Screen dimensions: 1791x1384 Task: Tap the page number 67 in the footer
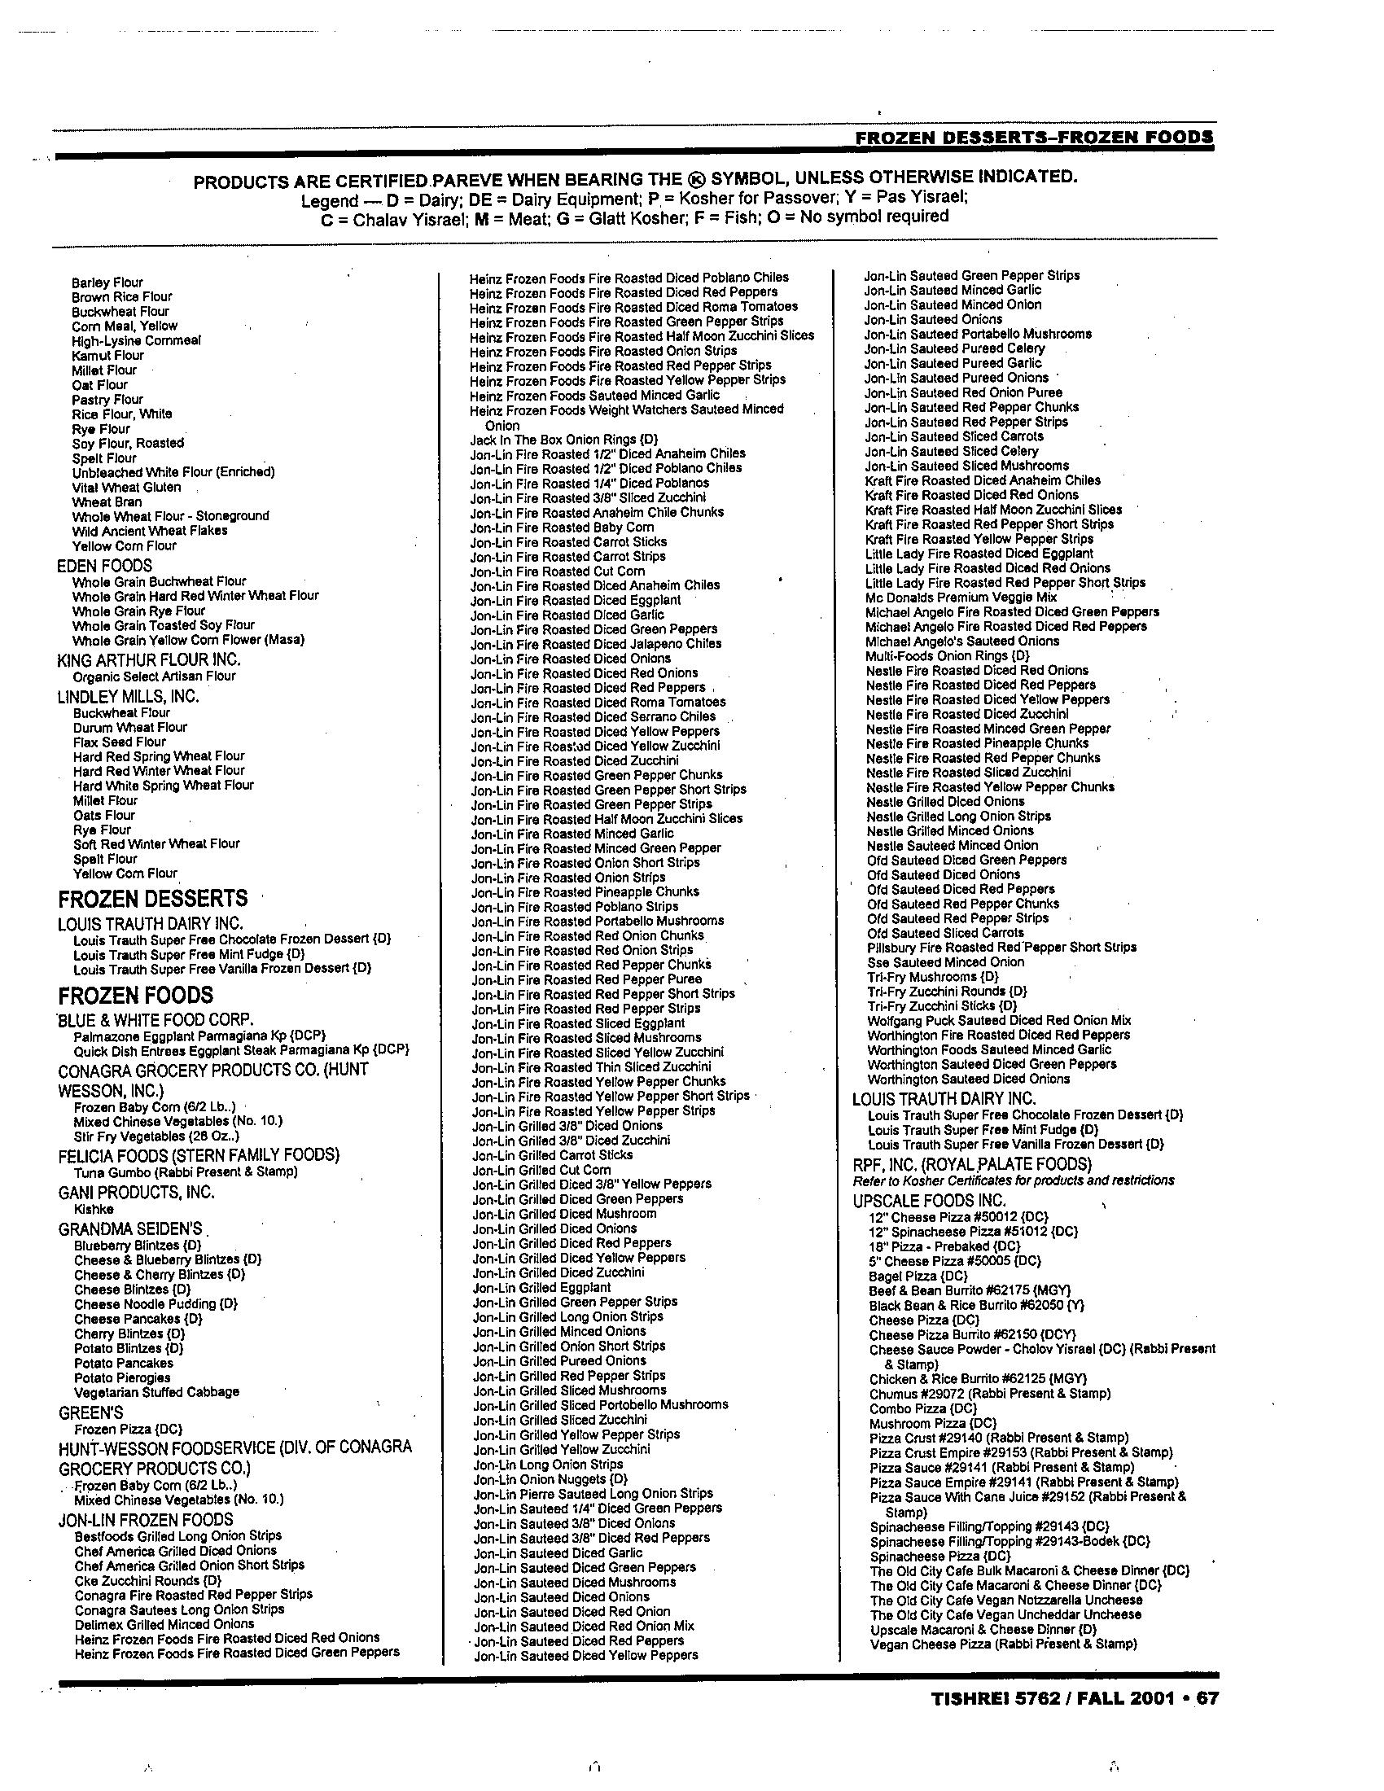[x=1207, y=1698]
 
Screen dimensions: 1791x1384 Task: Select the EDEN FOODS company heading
[x=104, y=566]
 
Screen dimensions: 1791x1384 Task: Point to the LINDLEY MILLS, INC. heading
[x=128, y=697]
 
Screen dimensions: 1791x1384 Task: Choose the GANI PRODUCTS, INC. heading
[x=136, y=1193]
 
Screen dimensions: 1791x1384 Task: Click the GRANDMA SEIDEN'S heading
[x=129, y=1229]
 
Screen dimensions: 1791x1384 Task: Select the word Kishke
[x=94, y=1210]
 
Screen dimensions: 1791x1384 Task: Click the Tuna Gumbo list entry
[x=186, y=1171]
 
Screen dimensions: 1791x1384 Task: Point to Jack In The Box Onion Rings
[x=563, y=440]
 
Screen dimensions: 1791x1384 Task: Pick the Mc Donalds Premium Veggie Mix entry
[x=961, y=598]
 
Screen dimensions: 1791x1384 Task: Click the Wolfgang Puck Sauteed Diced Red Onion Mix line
[x=999, y=1021]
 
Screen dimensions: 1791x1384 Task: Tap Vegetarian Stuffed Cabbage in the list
[x=156, y=1391]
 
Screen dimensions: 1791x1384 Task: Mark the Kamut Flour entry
[x=107, y=355]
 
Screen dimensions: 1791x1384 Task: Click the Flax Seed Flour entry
[x=120, y=742]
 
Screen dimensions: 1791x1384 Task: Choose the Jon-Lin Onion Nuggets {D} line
[x=550, y=1479]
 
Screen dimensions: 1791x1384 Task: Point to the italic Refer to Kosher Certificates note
[x=1014, y=1180]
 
